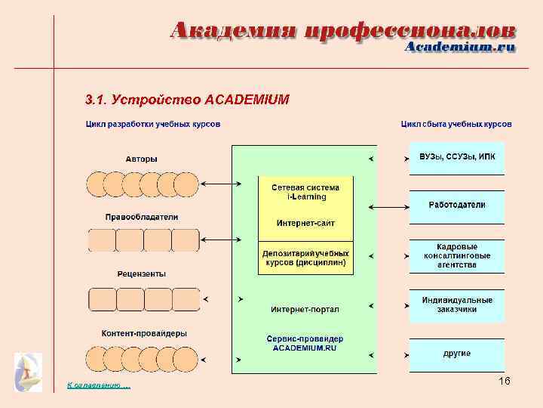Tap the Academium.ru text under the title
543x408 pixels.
(460, 48)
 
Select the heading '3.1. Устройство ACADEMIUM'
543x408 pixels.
(186, 99)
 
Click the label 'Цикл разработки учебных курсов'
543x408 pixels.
(153, 123)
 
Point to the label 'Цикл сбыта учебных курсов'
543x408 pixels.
(456, 123)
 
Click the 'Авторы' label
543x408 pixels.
(142, 159)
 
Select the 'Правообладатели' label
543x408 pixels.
(142, 217)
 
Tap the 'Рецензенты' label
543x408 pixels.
(142, 274)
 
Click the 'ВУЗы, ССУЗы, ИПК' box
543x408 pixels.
(456, 158)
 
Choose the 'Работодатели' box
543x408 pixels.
(456, 206)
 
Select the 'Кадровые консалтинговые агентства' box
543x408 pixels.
(456, 256)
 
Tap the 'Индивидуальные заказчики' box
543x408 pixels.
(456, 304)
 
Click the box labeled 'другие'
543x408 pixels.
(456, 354)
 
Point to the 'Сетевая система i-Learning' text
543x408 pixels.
(306, 192)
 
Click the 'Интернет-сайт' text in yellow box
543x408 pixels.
(306, 224)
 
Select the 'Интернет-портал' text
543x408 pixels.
(305, 309)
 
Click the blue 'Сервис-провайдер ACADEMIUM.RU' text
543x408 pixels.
(305, 343)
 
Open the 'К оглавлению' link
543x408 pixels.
(98, 386)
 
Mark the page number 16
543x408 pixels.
(505, 382)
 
